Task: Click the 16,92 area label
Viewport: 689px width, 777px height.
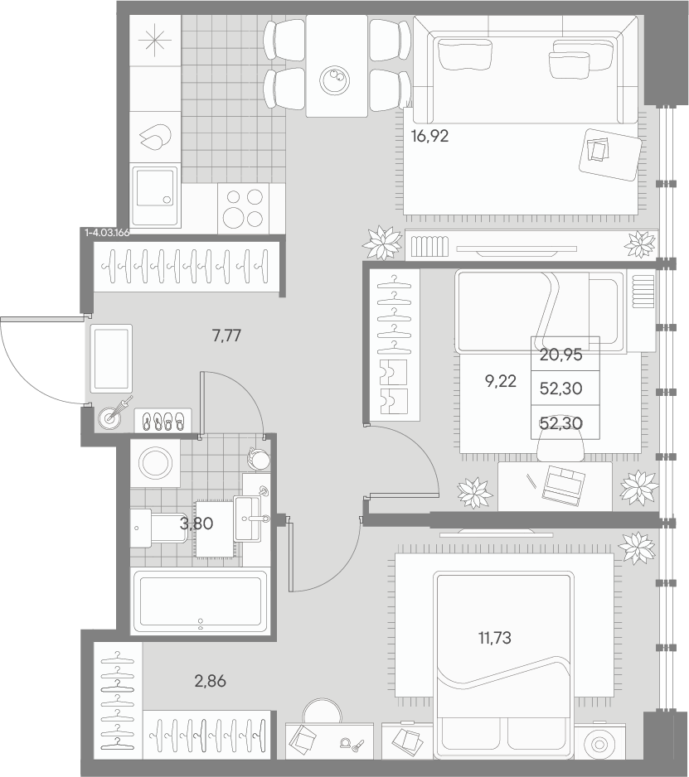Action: (429, 136)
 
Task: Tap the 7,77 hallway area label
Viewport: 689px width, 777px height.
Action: (226, 336)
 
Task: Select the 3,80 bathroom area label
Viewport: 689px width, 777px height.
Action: (197, 524)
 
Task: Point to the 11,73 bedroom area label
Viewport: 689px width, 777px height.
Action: (494, 638)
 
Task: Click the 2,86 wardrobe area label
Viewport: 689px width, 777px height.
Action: (211, 682)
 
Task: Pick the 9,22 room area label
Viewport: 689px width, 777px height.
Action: (500, 381)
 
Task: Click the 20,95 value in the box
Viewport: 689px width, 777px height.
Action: (561, 355)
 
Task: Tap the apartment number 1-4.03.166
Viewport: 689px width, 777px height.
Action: (107, 233)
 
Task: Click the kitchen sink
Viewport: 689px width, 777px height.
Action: (155, 193)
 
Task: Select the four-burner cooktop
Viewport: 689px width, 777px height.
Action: (244, 208)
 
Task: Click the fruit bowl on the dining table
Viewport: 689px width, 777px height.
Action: (335, 80)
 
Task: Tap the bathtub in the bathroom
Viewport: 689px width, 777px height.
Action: (201, 601)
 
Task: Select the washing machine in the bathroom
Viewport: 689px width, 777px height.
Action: (155, 464)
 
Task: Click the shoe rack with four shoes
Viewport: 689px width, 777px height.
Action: (163, 421)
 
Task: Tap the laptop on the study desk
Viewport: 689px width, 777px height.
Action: (564, 486)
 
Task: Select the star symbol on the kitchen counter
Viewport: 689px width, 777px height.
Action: (155, 40)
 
